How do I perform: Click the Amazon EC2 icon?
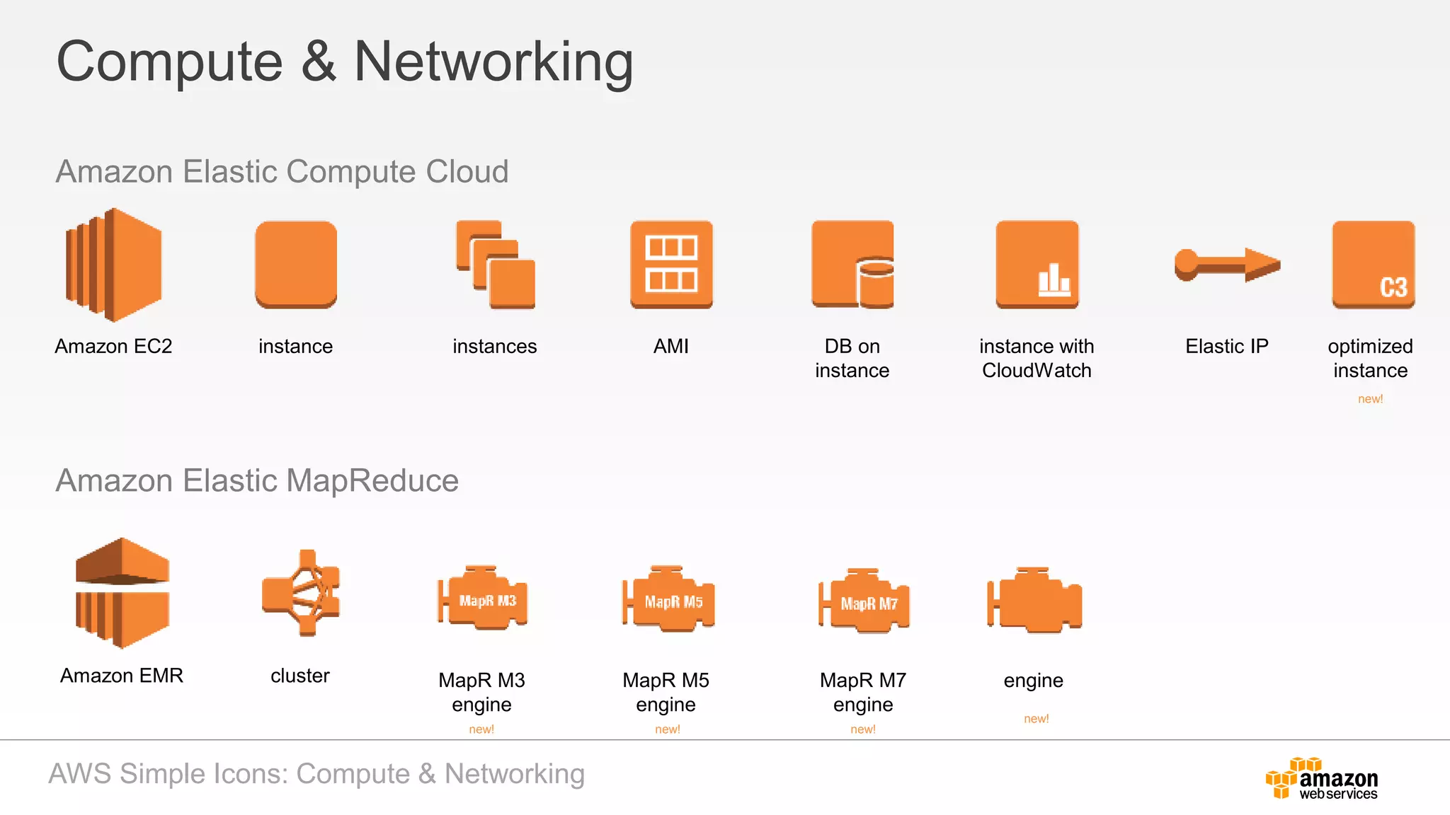pyautogui.click(x=114, y=265)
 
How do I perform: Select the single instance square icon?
pyautogui.click(x=296, y=265)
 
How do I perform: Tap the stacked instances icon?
pyautogui.click(x=496, y=265)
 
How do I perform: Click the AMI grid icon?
pyautogui.click(x=671, y=265)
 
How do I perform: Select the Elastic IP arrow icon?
pyautogui.click(x=1227, y=265)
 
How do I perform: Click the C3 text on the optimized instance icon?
pyautogui.click(x=1393, y=287)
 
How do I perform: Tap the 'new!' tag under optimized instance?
pyautogui.click(x=1370, y=399)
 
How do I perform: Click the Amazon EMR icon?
pyautogui.click(x=122, y=593)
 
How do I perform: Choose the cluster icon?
pyautogui.click(x=302, y=593)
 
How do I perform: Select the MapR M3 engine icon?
pyautogui.click(x=483, y=599)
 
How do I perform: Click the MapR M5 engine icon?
pyautogui.click(x=668, y=599)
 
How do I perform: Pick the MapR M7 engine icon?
pyautogui.click(x=864, y=601)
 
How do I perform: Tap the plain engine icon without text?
pyautogui.click(x=1034, y=601)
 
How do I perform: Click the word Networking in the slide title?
pyautogui.click(x=493, y=62)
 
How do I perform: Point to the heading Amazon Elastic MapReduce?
pyautogui.click(x=257, y=481)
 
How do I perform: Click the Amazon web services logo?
pyautogui.click(x=1321, y=779)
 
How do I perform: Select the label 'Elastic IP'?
pyautogui.click(x=1227, y=347)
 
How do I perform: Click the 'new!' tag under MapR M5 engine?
pyautogui.click(x=668, y=729)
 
